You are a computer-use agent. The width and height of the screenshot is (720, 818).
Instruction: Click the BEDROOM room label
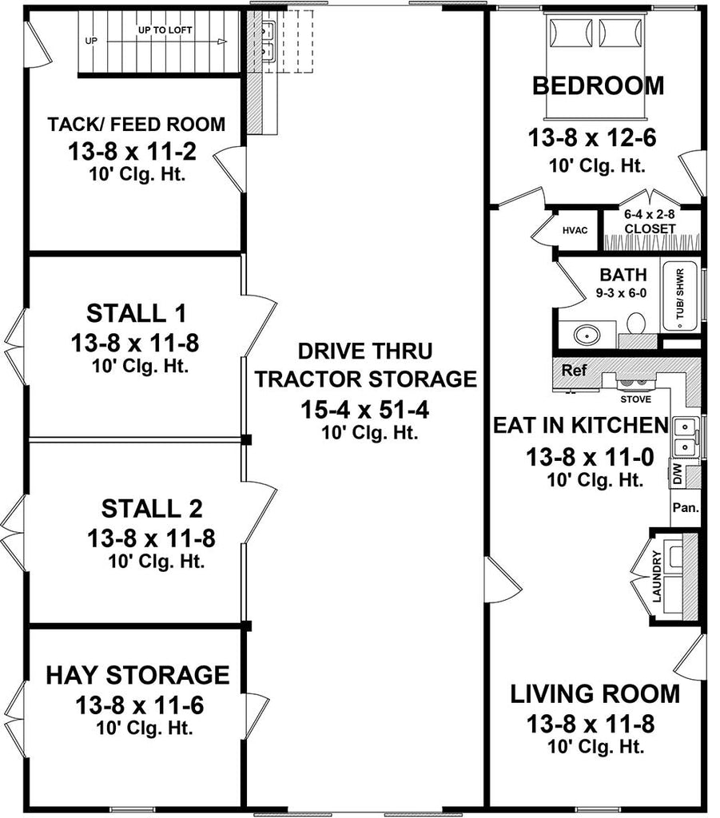coord(599,85)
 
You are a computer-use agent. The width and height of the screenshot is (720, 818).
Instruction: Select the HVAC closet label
coord(575,230)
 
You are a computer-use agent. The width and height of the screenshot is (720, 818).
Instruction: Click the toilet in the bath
coord(636,324)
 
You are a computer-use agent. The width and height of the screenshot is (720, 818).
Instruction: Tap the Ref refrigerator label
coord(575,371)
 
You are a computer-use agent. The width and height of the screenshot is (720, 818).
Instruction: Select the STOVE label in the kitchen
coord(636,399)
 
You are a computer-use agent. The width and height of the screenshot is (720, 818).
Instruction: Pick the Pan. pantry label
coord(685,507)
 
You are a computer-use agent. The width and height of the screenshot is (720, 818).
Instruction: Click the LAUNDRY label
coord(656,576)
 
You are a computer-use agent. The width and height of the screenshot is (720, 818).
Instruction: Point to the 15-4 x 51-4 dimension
coord(364,411)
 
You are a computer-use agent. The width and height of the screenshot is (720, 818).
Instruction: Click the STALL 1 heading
coord(134,311)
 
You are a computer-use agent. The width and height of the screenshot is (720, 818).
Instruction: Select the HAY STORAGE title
coord(137,675)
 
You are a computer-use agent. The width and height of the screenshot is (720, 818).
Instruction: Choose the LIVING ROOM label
coord(595,693)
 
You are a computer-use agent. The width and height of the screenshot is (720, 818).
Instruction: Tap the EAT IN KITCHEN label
coord(591,425)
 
